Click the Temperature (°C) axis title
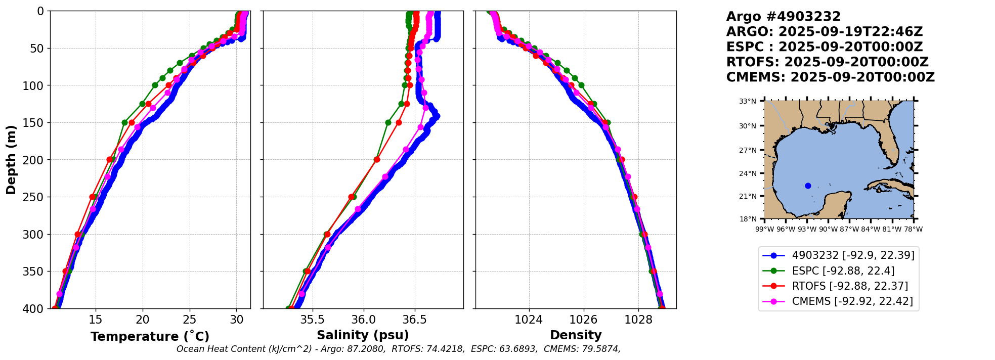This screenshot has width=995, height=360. pos(150,336)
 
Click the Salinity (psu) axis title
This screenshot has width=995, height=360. pos(363,335)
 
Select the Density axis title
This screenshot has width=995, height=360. pos(576,335)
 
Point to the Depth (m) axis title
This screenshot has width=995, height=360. pos(11,160)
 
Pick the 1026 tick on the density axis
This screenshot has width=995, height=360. pos(584,320)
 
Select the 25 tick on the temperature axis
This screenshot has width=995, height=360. pos(190,320)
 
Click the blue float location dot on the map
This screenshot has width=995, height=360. pos(808,186)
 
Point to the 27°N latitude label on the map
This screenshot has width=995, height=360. pos(747,150)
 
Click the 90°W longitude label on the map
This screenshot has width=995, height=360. pos(828,229)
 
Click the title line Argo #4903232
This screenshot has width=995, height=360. pos(783,17)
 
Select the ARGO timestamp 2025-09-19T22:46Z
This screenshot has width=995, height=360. pos(850,32)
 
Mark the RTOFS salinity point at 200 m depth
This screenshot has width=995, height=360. pos(377,160)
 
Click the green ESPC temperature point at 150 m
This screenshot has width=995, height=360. pos(124,122)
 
